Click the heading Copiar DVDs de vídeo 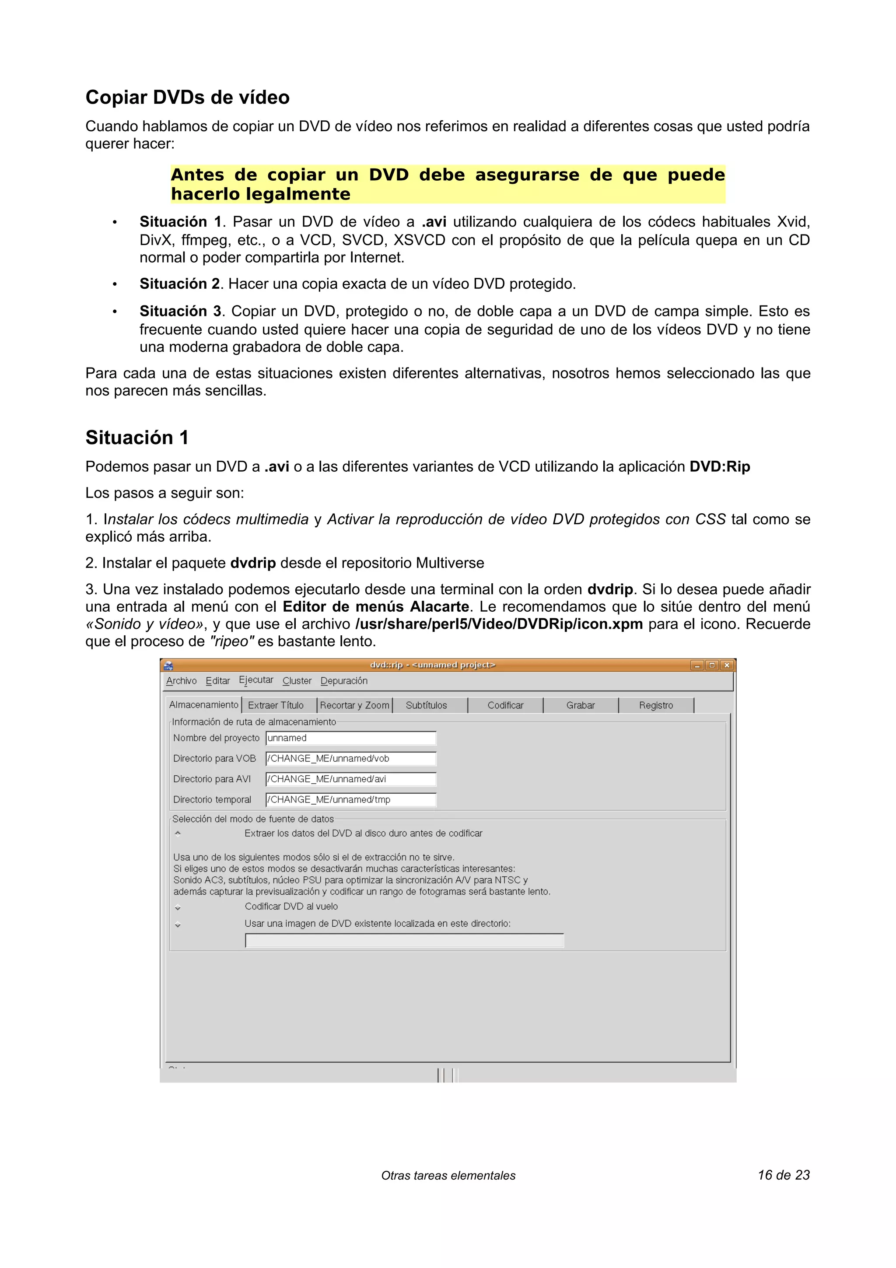click(x=187, y=97)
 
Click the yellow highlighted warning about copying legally click(x=447, y=184)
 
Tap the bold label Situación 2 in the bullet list click(x=179, y=284)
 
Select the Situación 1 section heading click(x=137, y=438)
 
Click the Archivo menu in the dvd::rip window click(x=181, y=681)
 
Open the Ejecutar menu click(x=255, y=680)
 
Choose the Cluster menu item click(x=297, y=681)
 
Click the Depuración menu click(x=343, y=681)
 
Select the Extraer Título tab click(x=276, y=705)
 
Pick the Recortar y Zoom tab click(x=354, y=705)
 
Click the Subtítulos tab click(x=426, y=705)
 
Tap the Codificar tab click(x=505, y=705)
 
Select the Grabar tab click(x=580, y=705)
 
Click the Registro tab click(x=656, y=705)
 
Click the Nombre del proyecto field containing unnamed click(x=350, y=739)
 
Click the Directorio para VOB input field click(x=350, y=759)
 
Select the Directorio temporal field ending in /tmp click(x=350, y=800)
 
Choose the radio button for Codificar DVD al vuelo click(x=178, y=907)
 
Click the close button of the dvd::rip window click(x=727, y=666)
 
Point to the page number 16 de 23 click(x=784, y=1175)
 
